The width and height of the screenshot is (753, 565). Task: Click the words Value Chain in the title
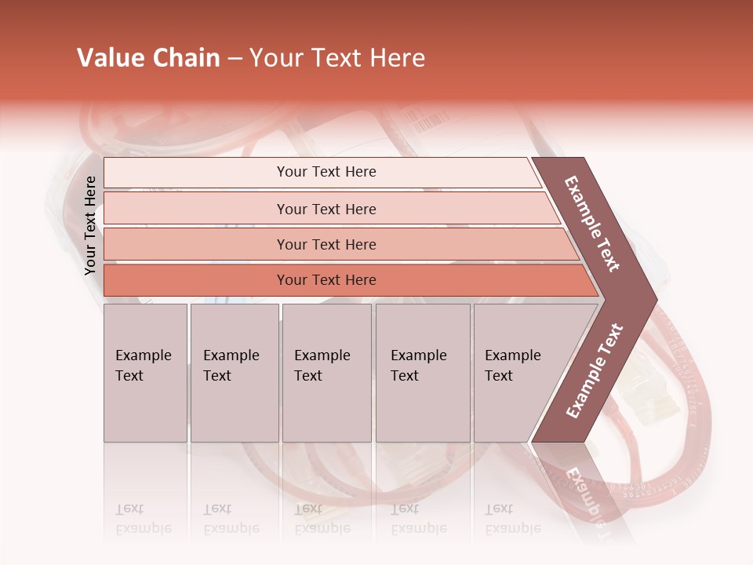pos(148,58)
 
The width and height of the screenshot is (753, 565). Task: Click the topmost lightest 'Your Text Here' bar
pos(326,172)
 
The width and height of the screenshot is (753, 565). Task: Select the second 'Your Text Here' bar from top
pos(326,209)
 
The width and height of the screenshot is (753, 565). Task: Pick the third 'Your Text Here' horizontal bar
pos(326,244)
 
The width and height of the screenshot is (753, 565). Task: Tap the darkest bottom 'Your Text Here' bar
pos(326,280)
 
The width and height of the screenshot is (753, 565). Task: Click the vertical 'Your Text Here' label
pos(90,225)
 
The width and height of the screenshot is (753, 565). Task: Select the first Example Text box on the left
pos(145,373)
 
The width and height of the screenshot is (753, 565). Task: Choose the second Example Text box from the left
pos(234,373)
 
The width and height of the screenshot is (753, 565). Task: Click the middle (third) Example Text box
pos(326,373)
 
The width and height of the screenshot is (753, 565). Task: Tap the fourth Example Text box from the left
pos(422,373)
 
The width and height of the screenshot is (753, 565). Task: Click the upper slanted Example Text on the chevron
pos(592,224)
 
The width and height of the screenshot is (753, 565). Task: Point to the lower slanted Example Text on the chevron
pos(594,371)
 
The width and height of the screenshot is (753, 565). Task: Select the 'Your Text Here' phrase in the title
pos(337,58)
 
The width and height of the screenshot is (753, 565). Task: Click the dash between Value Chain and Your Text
pos(235,59)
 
